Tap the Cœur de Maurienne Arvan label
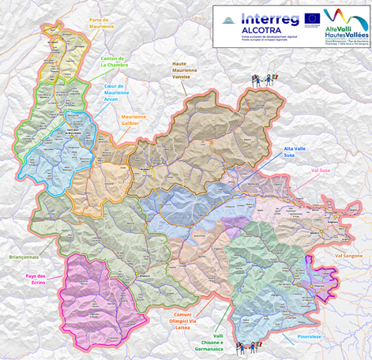click(117, 92)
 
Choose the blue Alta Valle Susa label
click(297, 152)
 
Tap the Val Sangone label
click(348, 257)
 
